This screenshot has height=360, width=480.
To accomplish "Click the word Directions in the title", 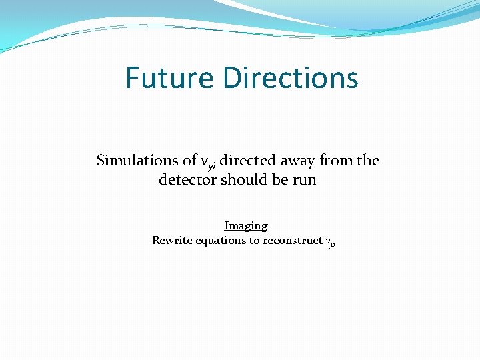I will click(291, 77).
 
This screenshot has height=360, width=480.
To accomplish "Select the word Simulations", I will click(137, 160).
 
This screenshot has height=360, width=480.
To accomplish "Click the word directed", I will click(245, 160).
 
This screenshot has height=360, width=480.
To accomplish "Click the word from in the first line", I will click(333, 160).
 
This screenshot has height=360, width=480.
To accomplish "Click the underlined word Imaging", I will click(246, 226).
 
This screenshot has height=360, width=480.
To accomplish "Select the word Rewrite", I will click(172, 240).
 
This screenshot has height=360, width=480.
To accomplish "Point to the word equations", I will click(221, 241).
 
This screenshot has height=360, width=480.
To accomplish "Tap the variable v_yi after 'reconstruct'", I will click(330, 242).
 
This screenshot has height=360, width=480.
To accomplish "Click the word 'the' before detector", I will click(367, 160).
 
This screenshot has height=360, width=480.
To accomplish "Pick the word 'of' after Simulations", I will click(189, 160).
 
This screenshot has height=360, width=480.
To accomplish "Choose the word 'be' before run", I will click(279, 179).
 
